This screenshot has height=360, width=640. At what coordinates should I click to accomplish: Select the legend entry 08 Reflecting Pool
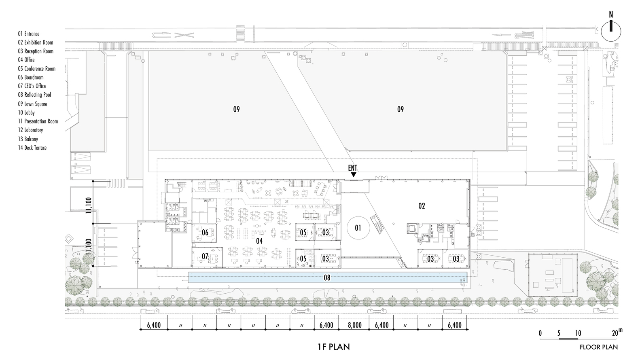pyautogui.click(x=34, y=95)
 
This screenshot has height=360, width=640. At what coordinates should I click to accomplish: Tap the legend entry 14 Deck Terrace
pyautogui.click(x=32, y=148)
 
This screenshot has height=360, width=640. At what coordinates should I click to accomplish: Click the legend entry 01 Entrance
pyautogui.click(x=29, y=34)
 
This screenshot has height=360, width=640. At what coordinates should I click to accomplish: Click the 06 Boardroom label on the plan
pyautogui.click(x=205, y=233)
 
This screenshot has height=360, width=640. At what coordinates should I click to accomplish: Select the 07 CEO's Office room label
pyautogui.click(x=205, y=256)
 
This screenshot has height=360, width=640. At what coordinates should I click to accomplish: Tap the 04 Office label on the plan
pyautogui.click(x=259, y=241)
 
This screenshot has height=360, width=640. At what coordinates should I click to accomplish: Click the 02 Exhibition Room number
pyautogui.click(x=422, y=206)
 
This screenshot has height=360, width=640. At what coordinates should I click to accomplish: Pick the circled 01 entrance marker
pyautogui.click(x=358, y=228)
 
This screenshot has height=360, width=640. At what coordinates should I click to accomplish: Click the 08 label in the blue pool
pyautogui.click(x=327, y=277)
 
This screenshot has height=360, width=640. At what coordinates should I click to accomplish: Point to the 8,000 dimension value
pyautogui.click(x=354, y=325)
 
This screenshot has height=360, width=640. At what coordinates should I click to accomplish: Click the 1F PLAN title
pyautogui.click(x=334, y=347)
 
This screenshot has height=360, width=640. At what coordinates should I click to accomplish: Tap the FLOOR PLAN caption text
pyautogui.click(x=599, y=347)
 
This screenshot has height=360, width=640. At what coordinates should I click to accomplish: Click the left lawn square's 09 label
pyautogui.click(x=236, y=109)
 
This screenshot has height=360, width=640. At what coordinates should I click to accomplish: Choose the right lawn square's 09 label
pyautogui.click(x=400, y=109)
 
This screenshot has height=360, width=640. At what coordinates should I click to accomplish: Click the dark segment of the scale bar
pyautogui.click(x=568, y=339)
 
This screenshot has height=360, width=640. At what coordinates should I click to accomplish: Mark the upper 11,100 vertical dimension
pyautogui.click(x=89, y=205)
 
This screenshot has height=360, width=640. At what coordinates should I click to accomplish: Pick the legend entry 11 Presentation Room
pyautogui.click(x=38, y=121)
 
